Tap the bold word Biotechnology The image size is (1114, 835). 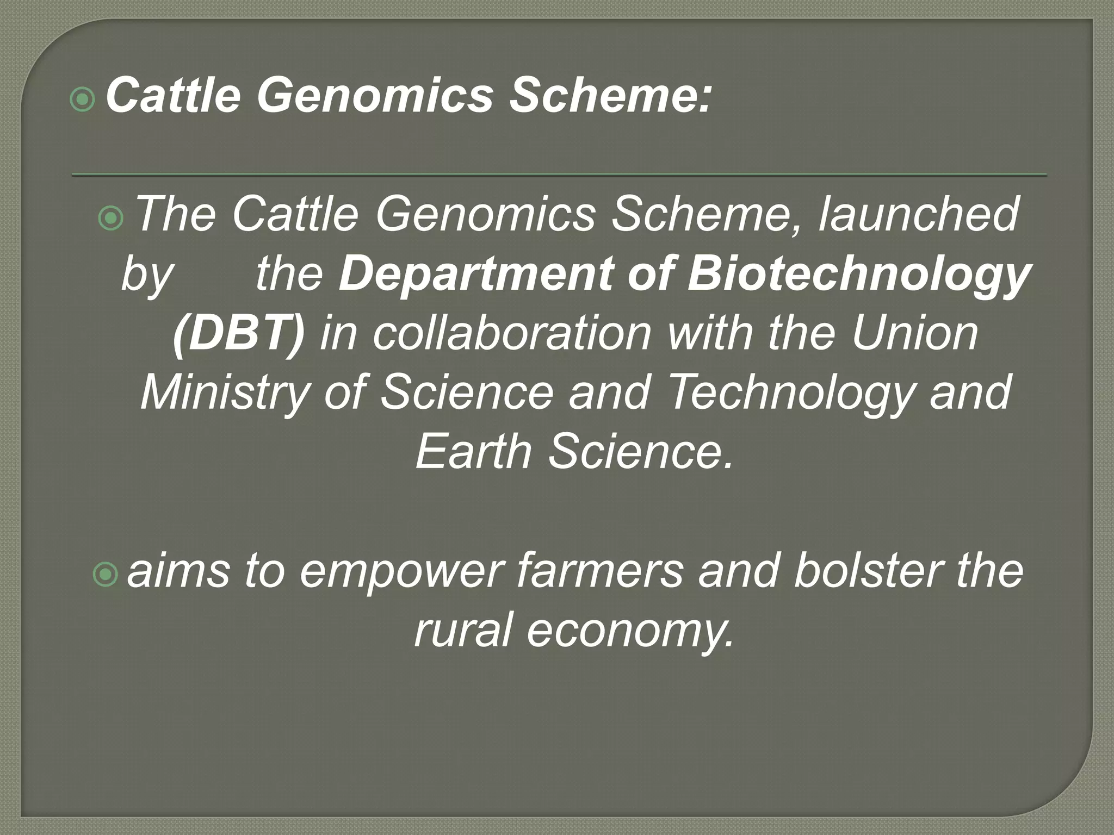[x=858, y=275]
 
